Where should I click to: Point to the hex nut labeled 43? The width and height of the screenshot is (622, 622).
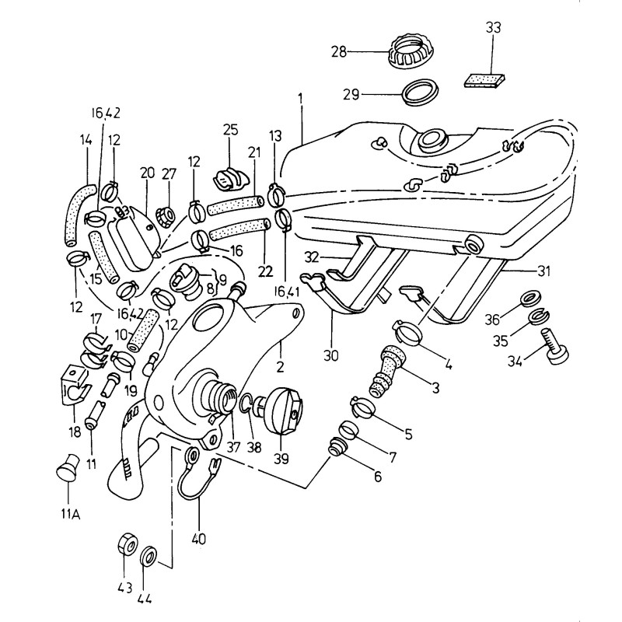127,543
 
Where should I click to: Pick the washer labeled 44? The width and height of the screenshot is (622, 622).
149,556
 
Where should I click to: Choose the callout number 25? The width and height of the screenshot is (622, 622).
230,128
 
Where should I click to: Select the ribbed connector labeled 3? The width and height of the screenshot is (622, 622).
386,369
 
